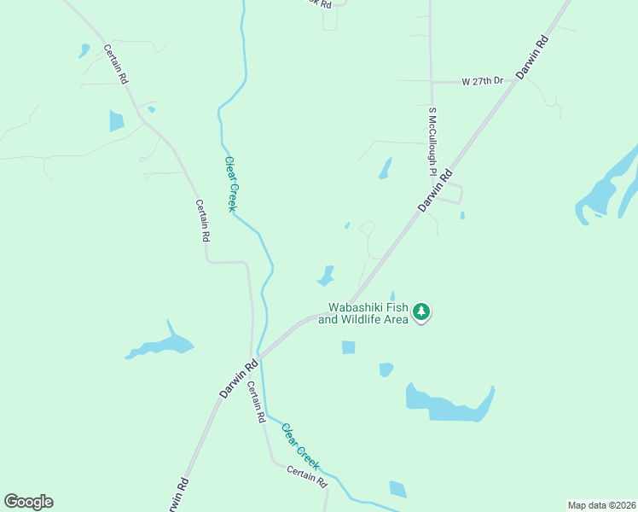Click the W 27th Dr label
[x=483, y=81]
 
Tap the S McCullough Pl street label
[x=432, y=141]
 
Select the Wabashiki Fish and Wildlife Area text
[x=364, y=314]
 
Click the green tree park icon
[x=420, y=312]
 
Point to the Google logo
[x=28, y=502]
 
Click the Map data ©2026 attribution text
[x=602, y=505]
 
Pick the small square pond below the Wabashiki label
[x=348, y=347]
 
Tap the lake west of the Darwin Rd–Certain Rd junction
[x=162, y=346]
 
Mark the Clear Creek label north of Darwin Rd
[x=230, y=183]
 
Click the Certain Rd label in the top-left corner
[x=116, y=65]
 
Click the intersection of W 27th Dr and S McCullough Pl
[x=432, y=82]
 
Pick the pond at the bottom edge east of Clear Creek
[x=397, y=489]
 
